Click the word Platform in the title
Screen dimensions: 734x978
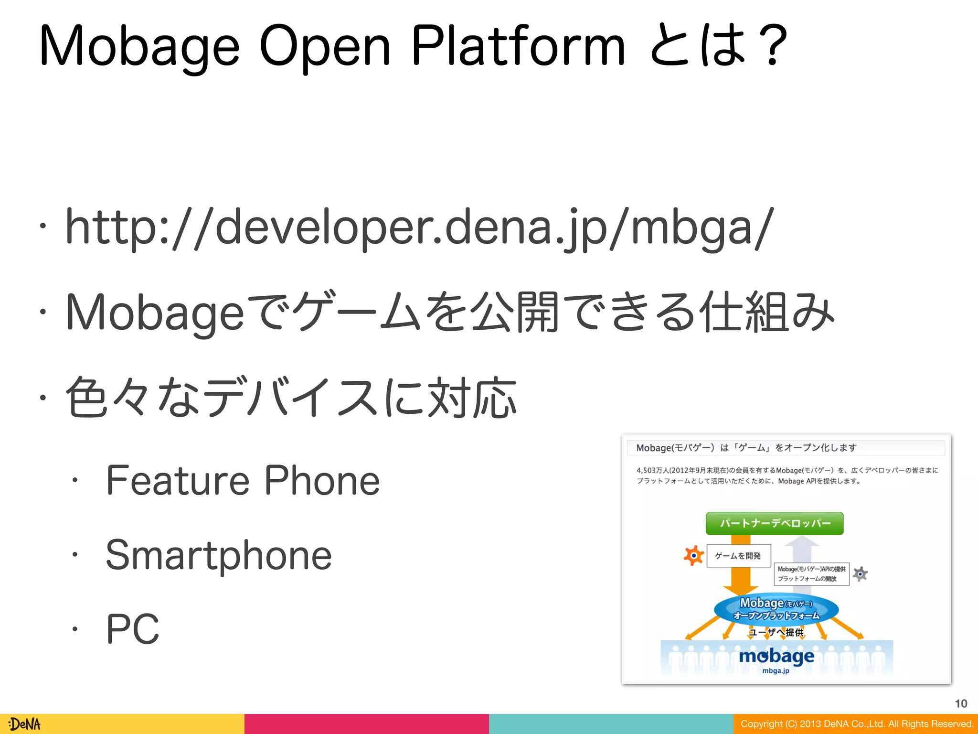click(x=518, y=46)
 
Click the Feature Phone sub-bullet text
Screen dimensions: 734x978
click(x=243, y=481)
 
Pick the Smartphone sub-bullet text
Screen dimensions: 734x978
click(x=218, y=555)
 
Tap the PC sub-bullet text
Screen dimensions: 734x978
click(x=132, y=629)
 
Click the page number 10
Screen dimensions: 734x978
click(x=961, y=703)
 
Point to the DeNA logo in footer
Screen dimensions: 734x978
click(x=25, y=724)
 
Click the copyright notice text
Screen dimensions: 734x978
click(x=857, y=724)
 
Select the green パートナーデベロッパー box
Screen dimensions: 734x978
click(x=775, y=523)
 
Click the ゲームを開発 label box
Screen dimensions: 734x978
click(x=738, y=556)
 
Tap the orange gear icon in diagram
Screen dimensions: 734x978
click(x=693, y=555)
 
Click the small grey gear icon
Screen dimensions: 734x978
click(x=860, y=574)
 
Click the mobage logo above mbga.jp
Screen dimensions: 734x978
click(x=776, y=656)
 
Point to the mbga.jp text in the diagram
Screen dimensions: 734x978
click(x=776, y=671)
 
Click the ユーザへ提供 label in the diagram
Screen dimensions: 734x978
click(x=776, y=633)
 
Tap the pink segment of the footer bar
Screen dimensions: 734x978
click(x=366, y=724)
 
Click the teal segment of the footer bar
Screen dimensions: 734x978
click(x=611, y=724)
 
